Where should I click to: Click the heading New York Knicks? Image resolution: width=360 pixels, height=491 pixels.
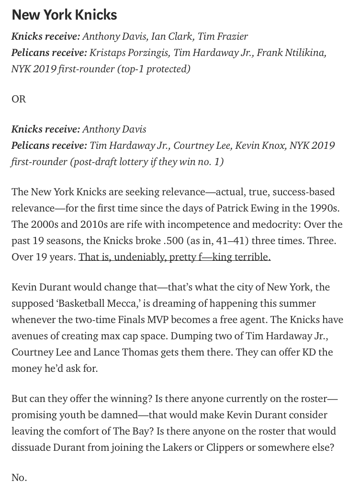(64, 15)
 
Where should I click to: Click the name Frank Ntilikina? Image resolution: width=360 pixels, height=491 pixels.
(291, 53)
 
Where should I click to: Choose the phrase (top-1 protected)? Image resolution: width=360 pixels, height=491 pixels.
(153, 69)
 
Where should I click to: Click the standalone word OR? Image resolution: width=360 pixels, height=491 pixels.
(19, 99)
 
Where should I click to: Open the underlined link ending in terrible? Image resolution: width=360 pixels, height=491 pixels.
(174, 257)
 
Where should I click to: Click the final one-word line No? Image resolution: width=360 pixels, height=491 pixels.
(19, 478)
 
